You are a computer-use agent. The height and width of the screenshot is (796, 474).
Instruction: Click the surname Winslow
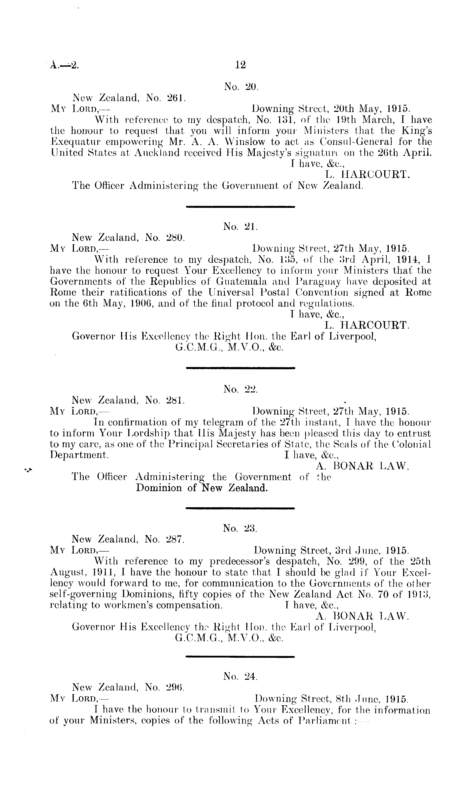(x=246, y=142)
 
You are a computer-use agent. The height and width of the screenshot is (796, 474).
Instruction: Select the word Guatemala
(x=239, y=282)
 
